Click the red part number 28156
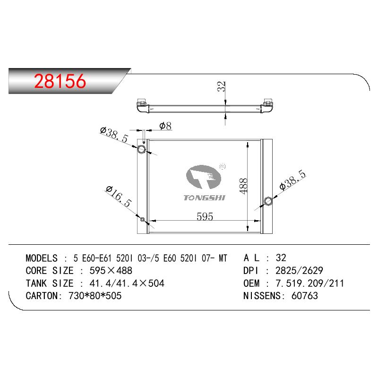(x=60, y=81)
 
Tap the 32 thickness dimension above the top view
(x=222, y=86)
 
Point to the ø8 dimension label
(x=165, y=126)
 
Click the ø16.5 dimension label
(x=119, y=196)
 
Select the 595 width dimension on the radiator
(x=205, y=216)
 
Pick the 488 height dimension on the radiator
(x=243, y=186)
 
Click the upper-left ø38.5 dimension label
(x=114, y=134)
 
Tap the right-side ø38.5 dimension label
(x=292, y=180)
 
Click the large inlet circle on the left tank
(x=141, y=149)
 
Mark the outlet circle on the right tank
(x=268, y=201)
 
